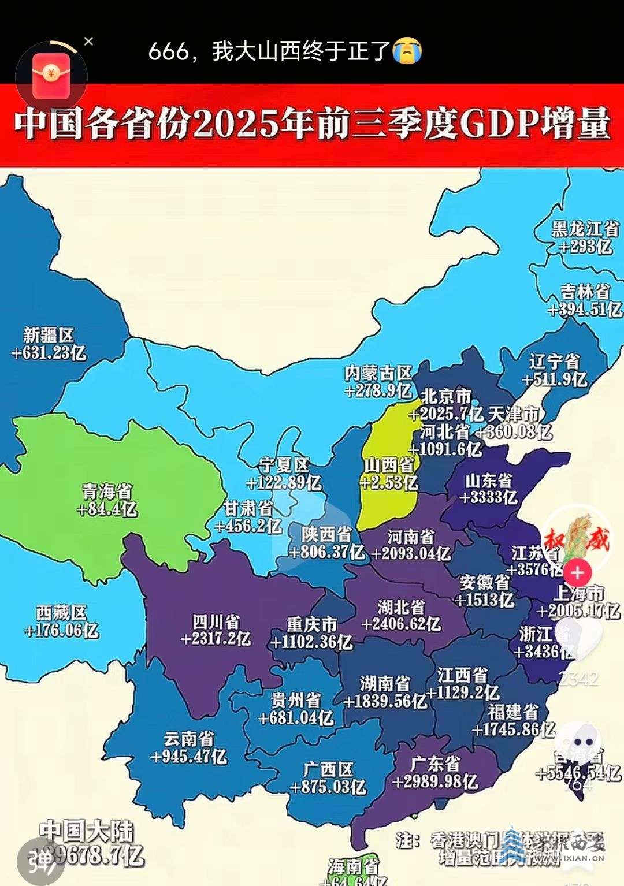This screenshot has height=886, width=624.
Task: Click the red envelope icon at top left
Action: point(51,76)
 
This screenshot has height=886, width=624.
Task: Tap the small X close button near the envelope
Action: point(88,42)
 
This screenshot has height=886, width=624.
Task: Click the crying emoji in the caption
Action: point(407,51)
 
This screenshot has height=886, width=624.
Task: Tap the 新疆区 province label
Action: point(49,335)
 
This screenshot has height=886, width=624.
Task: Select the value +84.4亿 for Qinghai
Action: point(107,509)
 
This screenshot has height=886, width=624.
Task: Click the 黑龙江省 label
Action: point(585,229)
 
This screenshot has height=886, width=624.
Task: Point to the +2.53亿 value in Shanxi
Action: point(389,482)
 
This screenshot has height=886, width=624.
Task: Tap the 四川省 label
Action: point(216,621)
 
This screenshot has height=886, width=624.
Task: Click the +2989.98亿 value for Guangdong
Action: point(434,781)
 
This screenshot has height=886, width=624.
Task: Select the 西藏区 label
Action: point(61,612)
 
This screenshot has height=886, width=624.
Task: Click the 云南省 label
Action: point(189,739)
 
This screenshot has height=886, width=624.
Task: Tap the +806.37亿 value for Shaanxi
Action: point(327,552)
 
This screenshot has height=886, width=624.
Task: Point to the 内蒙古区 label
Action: point(378,373)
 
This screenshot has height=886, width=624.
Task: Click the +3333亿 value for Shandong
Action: point(489,497)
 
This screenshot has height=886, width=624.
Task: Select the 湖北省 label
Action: point(401,607)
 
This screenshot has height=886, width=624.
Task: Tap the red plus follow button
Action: point(577,573)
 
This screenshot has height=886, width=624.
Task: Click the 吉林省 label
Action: point(585,291)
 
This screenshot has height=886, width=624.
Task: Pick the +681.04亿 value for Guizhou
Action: point(296,718)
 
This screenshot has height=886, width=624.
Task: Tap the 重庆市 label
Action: point(311,624)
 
